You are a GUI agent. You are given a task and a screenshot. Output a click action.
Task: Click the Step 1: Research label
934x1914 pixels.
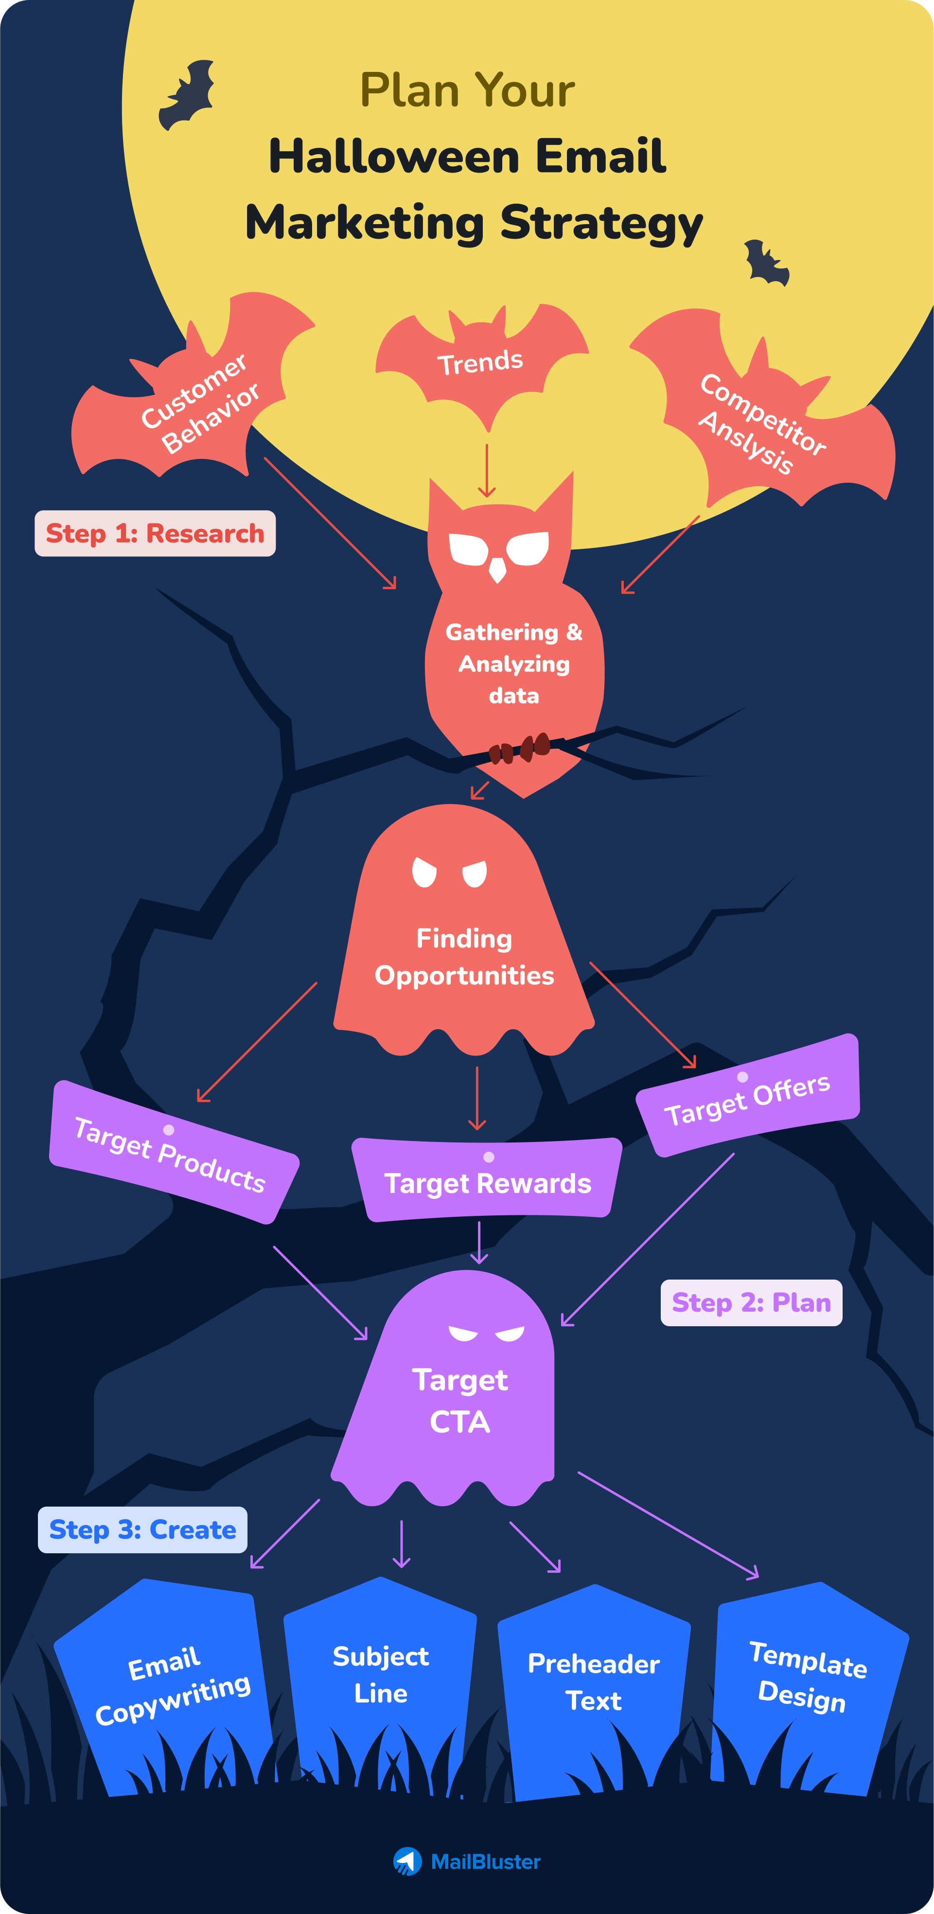(x=155, y=533)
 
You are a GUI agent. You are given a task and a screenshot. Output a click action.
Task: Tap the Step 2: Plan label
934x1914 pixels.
(x=751, y=1302)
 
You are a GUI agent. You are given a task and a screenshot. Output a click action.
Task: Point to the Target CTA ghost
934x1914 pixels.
(x=460, y=1401)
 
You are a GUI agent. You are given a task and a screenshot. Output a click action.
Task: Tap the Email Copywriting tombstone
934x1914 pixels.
(x=171, y=1686)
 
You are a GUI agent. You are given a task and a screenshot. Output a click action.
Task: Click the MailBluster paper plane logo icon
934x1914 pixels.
(x=407, y=1861)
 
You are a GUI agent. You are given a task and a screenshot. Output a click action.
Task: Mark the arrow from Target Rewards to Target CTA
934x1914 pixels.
(x=479, y=1242)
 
